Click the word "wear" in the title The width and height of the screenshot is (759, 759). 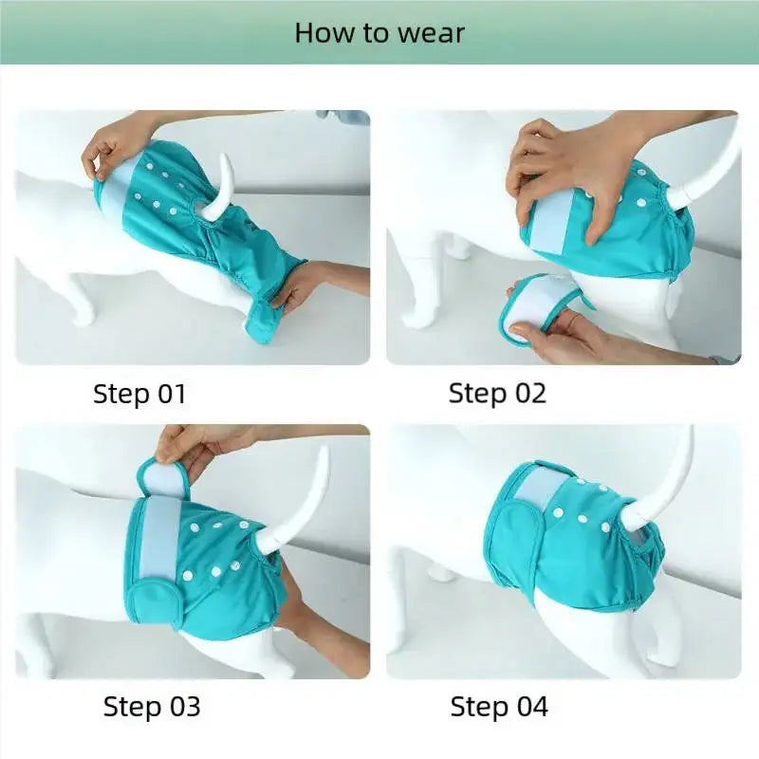[431, 33]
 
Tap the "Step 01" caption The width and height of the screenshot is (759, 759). [139, 394]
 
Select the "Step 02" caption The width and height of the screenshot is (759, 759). [497, 393]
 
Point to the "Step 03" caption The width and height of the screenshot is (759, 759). [152, 706]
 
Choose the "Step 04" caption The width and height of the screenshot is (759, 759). [499, 706]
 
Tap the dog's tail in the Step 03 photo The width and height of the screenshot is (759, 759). [308, 493]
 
